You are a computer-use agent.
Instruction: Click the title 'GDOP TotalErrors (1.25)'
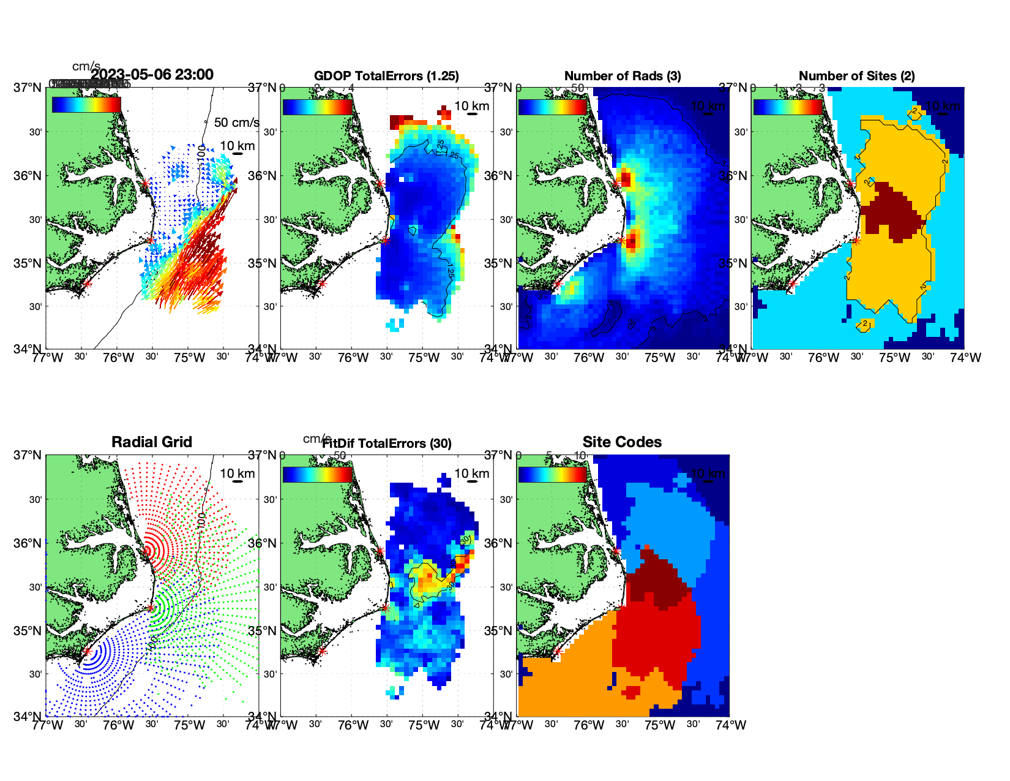click(x=386, y=76)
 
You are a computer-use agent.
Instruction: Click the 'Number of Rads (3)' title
click(x=623, y=76)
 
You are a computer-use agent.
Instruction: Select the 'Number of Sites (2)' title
click(x=856, y=76)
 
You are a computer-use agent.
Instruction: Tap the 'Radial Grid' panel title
click(x=152, y=442)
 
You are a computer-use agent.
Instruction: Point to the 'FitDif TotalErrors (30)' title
click(x=387, y=443)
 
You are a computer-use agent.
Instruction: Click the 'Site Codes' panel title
click(x=622, y=442)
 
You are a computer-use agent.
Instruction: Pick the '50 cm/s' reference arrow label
click(x=236, y=123)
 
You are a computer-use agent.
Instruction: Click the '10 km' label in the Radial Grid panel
click(x=237, y=474)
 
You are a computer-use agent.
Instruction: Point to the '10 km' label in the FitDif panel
click(x=471, y=474)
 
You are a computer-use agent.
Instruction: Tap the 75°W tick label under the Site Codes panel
click(x=659, y=725)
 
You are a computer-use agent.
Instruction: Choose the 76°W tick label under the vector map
click(x=118, y=358)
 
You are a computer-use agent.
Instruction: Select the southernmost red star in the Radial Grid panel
click(x=88, y=652)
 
